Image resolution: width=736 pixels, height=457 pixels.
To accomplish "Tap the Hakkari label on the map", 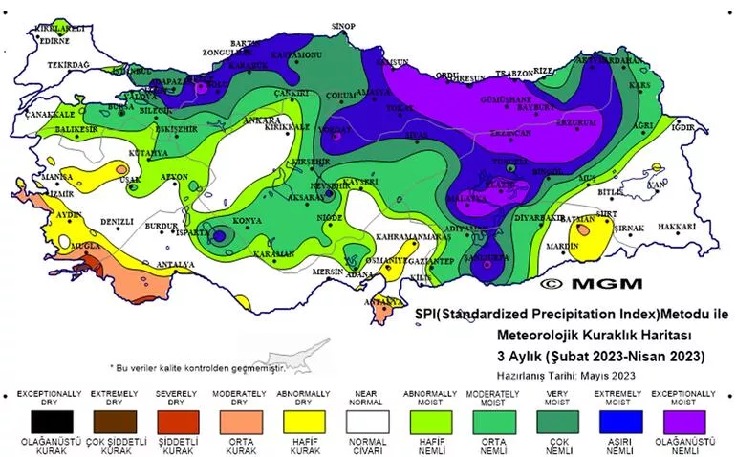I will coord(677,227).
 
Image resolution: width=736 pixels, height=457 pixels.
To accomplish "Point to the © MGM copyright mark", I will coord(592,283).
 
